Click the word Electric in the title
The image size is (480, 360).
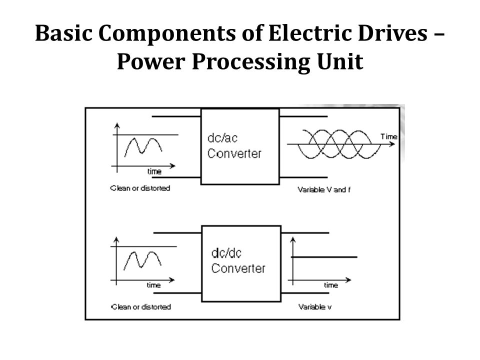pyautogui.click(x=310, y=33)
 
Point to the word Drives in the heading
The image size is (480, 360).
pyautogui.click(x=392, y=33)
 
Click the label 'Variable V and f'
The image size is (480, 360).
pyautogui.click(x=324, y=190)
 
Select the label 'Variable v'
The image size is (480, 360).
pyautogui.click(x=315, y=306)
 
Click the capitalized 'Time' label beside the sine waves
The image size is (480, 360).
pyautogui.click(x=389, y=136)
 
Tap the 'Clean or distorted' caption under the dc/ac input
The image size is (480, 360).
pyautogui.click(x=140, y=188)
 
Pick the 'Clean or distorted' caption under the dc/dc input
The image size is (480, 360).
pyautogui.click(x=141, y=306)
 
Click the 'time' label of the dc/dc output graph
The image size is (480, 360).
pyautogui.click(x=331, y=285)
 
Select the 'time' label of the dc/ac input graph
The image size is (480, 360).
pyautogui.click(x=154, y=171)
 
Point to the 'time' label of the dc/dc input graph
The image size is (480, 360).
pyautogui.click(x=153, y=285)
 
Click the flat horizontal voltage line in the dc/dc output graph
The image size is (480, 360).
pyautogui.click(x=324, y=257)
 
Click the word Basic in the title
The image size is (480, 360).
pyautogui.click(x=63, y=33)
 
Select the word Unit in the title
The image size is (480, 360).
pyautogui.click(x=340, y=61)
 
